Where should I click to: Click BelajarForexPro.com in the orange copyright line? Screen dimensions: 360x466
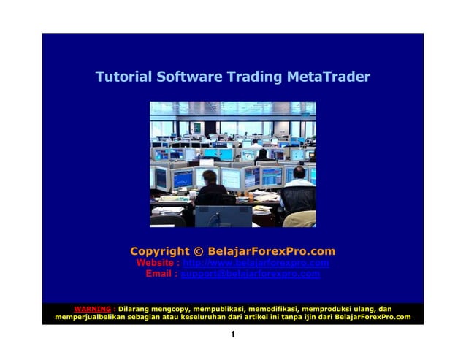pyautogui.click(x=271, y=251)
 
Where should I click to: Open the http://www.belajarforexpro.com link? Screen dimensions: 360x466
pyautogui.click(x=256, y=263)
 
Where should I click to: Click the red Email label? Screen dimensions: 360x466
pyautogui.click(x=161, y=274)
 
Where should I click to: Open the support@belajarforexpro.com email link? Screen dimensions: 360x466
pyautogui.click(x=250, y=274)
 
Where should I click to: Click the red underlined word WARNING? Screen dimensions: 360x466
pyautogui.click(x=92, y=309)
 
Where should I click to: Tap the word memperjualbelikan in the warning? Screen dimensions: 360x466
pyautogui.click(x=91, y=317)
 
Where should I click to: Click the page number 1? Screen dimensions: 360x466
pyautogui.click(x=232, y=335)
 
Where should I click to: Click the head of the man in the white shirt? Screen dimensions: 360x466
pyautogui.click(x=299, y=172)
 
